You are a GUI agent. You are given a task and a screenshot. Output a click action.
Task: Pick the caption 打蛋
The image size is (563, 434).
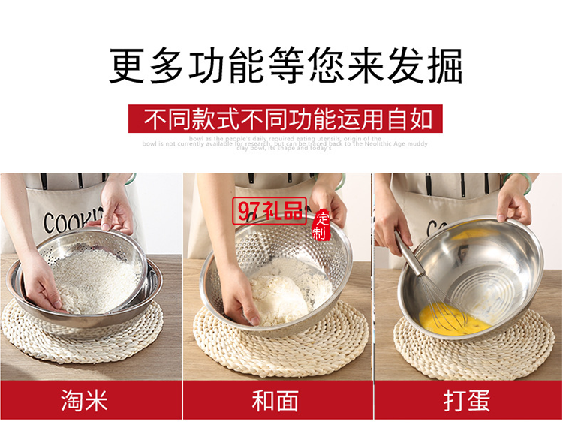[x=466, y=400]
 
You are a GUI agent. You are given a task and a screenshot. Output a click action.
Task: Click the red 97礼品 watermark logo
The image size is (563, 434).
[x=271, y=211]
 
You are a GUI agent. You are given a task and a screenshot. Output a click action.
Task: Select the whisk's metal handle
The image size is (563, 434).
[x=411, y=255]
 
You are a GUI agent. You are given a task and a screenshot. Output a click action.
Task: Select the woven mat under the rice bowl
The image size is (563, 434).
[x=83, y=342]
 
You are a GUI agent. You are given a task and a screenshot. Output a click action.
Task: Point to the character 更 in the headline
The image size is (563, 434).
[x=128, y=66]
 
